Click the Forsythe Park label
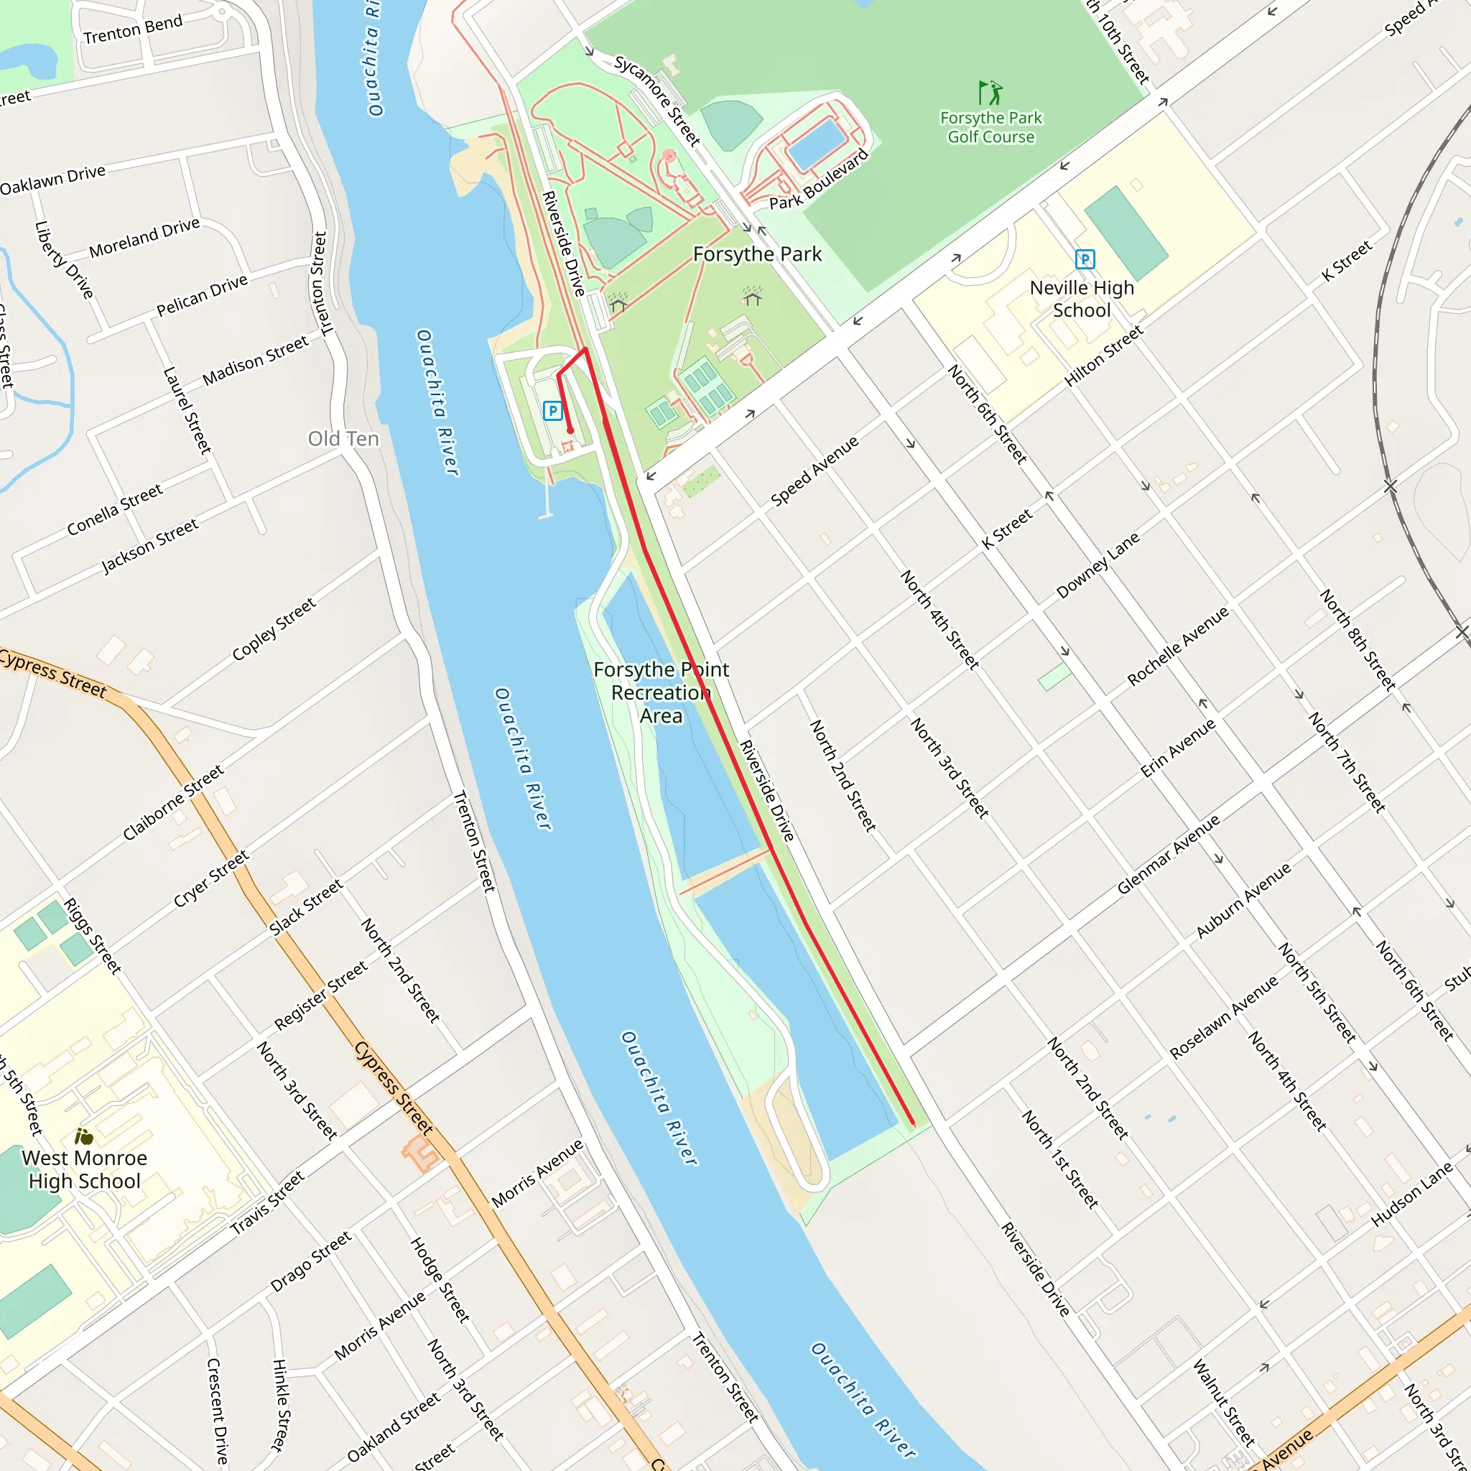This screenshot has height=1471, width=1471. pyautogui.click(x=757, y=254)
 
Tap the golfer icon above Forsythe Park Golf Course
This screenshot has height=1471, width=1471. pyautogui.click(x=990, y=93)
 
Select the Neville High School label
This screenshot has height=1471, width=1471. pyautogui.click(x=1081, y=300)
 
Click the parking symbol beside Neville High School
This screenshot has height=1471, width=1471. pyautogui.click(x=1085, y=259)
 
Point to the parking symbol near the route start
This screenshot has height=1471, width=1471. pyautogui.click(x=553, y=411)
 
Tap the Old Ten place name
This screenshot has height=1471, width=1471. pyautogui.click(x=343, y=439)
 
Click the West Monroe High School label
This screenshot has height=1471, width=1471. pyautogui.click(x=85, y=1169)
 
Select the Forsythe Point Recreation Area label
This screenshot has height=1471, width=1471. pyautogui.click(x=661, y=692)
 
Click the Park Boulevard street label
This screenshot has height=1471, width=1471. pyautogui.click(x=819, y=180)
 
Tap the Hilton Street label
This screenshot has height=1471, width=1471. pyautogui.click(x=1103, y=356)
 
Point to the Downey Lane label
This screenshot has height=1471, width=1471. pyautogui.click(x=1098, y=565)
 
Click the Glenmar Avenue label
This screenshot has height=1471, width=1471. pyautogui.click(x=1168, y=854)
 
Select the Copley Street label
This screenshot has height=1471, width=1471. pyautogui.click(x=274, y=630)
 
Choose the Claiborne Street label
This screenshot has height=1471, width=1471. pyautogui.click(x=174, y=802)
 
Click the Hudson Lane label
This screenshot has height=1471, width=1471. pyautogui.click(x=1411, y=1194)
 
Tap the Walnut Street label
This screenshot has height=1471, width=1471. pyautogui.click(x=1222, y=1403)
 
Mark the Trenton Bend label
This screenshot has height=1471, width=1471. pyautogui.click(x=134, y=29)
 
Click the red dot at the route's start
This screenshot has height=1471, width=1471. pyautogui.click(x=570, y=431)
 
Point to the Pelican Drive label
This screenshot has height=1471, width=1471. pyautogui.click(x=202, y=295)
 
